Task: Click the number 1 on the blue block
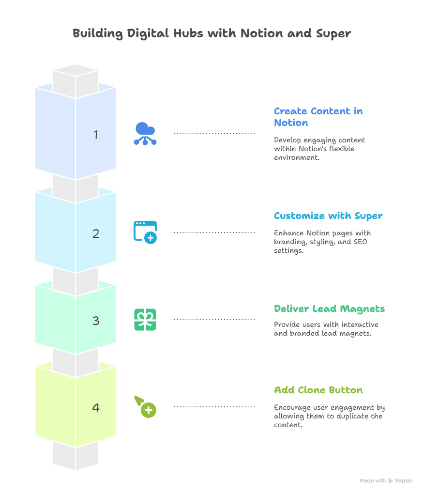pyautogui.click(x=96, y=135)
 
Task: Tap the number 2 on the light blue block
pyautogui.click(x=96, y=233)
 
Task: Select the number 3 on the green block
pyautogui.click(x=96, y=321)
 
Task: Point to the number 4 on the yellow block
pyautogui.click(x=96, y=408)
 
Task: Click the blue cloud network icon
pyautogui.click(x=145, y=134)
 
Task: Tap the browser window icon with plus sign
pyautogui.click(x=145, y=232)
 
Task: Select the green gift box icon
pyautogui.click(x=145, y=320)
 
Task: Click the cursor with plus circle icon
pyautogui.click(x=145, y=407)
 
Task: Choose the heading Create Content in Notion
pyautogui.click(x=318, y=117)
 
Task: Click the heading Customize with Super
pyautogui.click(x=328, y=216)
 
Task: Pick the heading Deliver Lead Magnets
pyautogui.click(x=329, y=309)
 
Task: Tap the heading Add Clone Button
pyautogui.click(x=318, y=390)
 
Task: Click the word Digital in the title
pyautogui.click(x=148, y=34)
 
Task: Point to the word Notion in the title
pyautogui.click(x=262, y=33)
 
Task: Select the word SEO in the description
pyautogui.click(x=361, y=242)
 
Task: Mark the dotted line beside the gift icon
pyautogui.click(x=214, y=320)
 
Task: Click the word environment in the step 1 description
pyautogui.click(x=297, y=157)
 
